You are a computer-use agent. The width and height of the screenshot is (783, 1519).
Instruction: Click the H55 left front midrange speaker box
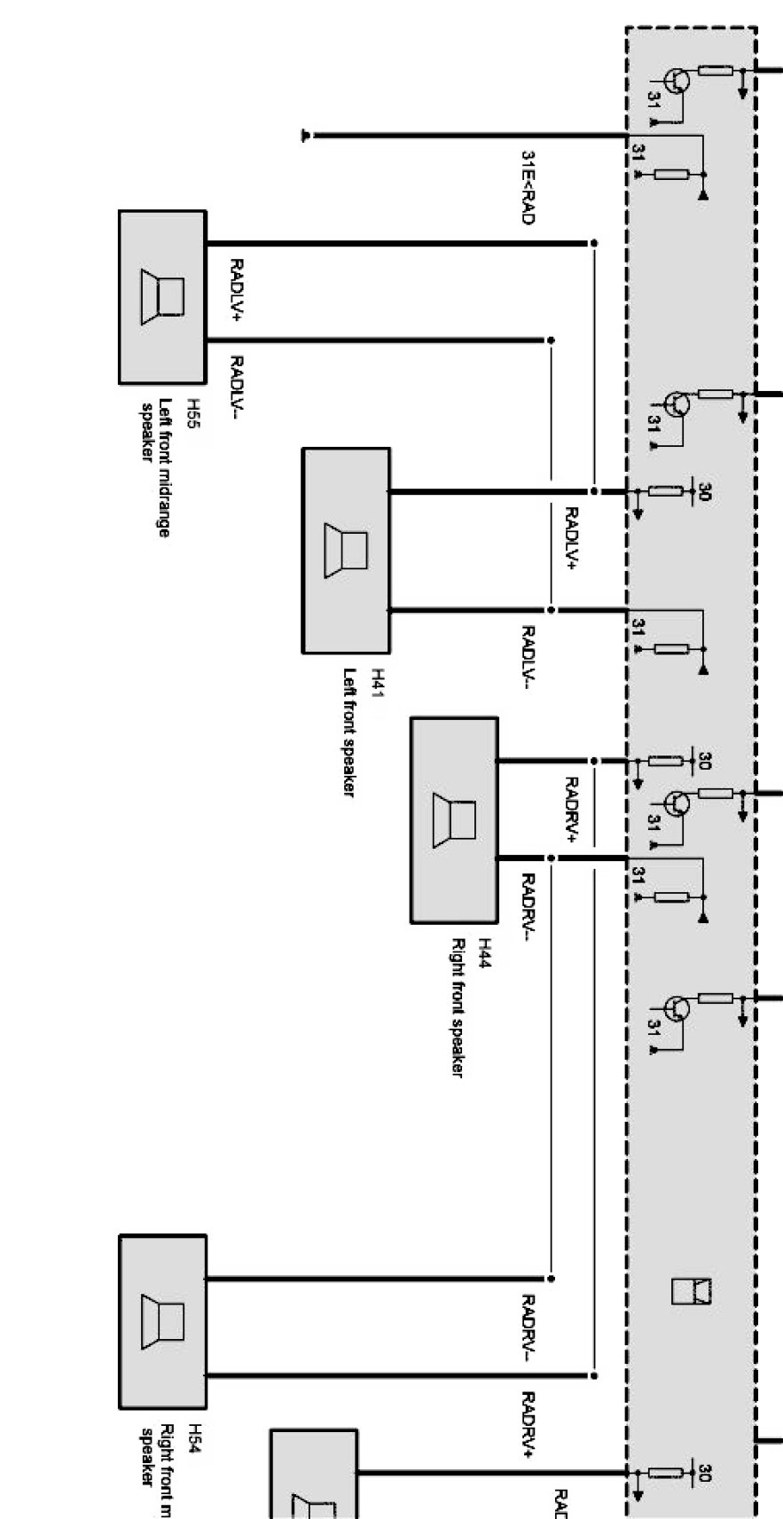pos(162,297)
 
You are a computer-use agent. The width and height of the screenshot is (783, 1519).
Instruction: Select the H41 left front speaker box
pos(346,551)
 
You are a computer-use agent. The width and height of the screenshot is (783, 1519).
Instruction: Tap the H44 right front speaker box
pos(454,820)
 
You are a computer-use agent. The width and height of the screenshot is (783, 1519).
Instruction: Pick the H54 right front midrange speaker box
pos(162,1321)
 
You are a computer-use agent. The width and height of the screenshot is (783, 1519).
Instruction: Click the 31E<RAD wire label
pos(528,186)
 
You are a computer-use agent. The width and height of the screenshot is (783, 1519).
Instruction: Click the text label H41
pos(377,684)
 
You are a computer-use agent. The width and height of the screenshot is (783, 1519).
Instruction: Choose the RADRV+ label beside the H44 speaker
pos(571,808)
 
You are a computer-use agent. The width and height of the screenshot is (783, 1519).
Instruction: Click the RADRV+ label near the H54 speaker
pos(528,1424)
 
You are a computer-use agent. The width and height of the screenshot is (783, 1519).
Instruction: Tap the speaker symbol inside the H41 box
pos(346,551)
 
